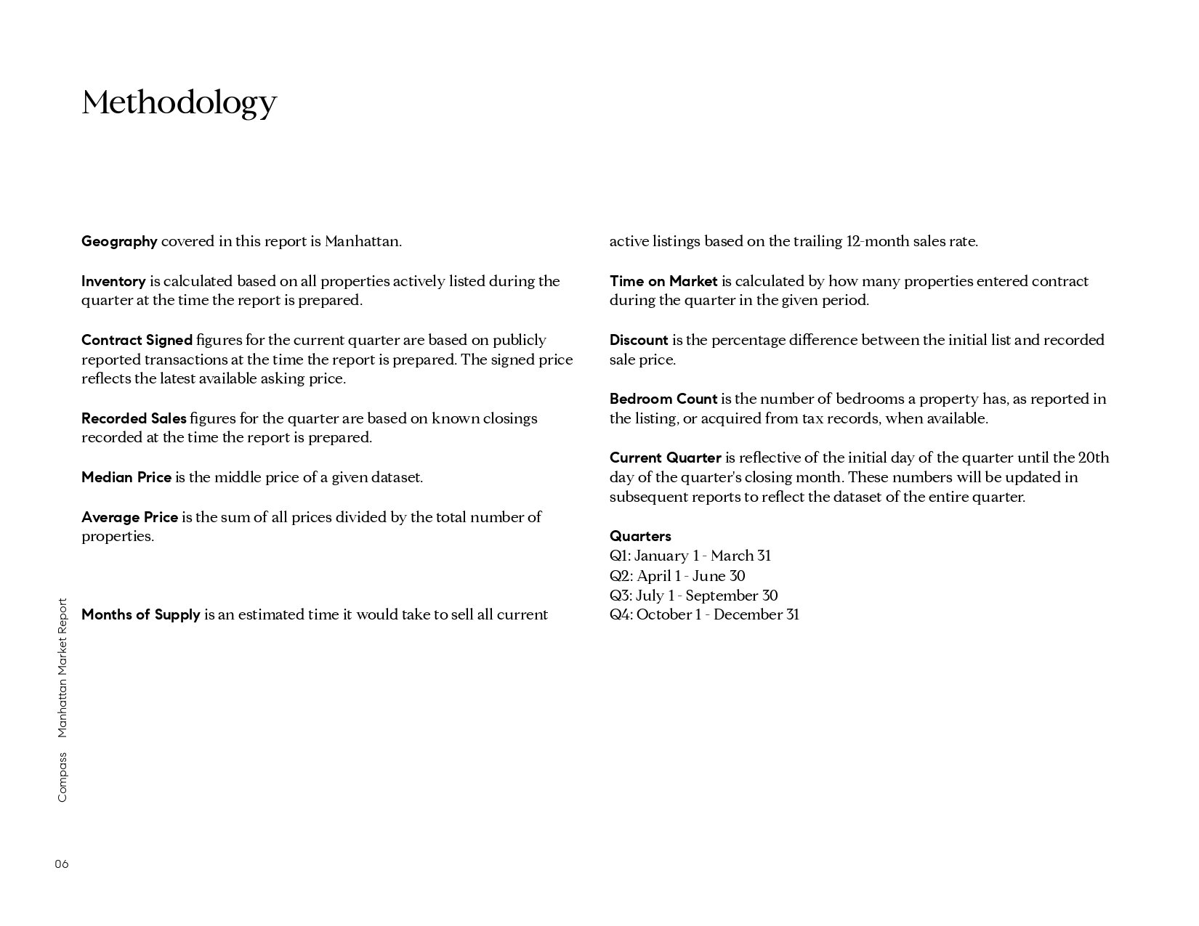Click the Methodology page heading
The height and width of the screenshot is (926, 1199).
(179, 102)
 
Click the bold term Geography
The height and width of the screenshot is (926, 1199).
(119, 241)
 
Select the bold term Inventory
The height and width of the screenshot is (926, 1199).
(113, 281)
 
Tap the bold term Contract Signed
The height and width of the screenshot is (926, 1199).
(137, 340)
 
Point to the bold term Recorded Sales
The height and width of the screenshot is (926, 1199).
(134, 418)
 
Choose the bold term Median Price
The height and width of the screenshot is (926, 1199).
(126, 477)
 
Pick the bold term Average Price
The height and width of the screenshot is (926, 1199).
(129, 517)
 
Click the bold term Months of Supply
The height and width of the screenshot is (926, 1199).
(140, 614)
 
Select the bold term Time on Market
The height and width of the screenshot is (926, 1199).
(663, 281)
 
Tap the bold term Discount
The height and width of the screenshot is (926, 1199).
(639, 340)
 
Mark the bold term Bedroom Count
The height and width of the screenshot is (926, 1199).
(663, 399)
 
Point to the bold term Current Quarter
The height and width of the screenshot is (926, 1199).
(666, 458)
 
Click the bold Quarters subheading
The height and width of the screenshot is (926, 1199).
(640, 536)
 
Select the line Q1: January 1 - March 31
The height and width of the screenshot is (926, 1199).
(690, 556)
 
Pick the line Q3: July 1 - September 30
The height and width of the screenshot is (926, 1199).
(694, 596)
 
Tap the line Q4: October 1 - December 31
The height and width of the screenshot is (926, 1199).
(704, 614)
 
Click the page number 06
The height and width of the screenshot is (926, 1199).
(62, 864)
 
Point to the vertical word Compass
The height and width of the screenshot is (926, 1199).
(62, 776)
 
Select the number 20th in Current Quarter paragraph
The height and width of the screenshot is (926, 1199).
(1094, 458)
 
